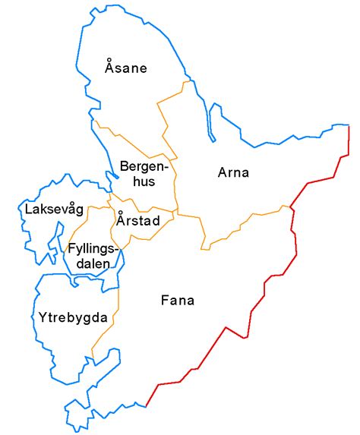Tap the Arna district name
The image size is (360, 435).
233,172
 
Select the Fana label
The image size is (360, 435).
178,300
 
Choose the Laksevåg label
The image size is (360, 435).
52,209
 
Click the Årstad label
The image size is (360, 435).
137,221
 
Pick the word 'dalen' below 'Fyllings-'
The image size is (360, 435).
93,263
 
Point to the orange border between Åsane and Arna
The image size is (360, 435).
163,114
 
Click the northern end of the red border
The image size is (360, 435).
349,125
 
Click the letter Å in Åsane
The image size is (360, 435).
109,68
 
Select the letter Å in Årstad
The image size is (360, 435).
121,220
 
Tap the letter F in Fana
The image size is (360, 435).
165,300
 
